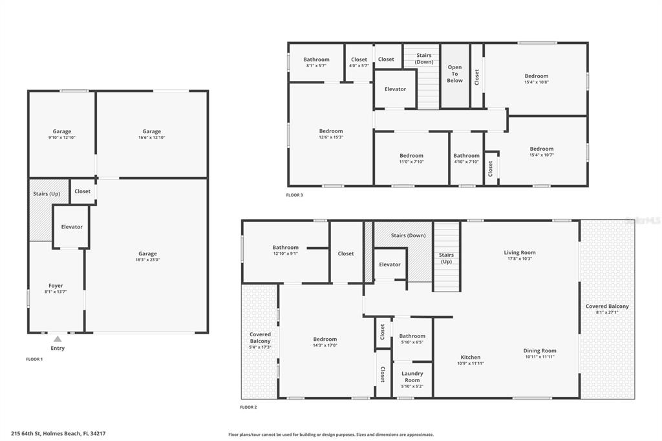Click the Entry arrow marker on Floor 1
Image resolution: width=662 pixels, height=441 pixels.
click(x=58, y=338)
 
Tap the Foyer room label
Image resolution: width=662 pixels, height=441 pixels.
click(x=56, y=285)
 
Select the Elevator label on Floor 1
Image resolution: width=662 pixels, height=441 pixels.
click(x=72, y=227)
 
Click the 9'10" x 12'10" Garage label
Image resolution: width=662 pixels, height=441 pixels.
click(x=62, y=131)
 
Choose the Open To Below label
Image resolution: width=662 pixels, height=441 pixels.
click(x=455, y=74)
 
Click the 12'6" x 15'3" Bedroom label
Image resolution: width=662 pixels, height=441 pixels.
click(x=331, y=131)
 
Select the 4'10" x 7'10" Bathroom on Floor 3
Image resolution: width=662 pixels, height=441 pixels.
click(x=466, y=155)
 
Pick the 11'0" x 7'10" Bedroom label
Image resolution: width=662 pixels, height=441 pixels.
click(x=411, y=155)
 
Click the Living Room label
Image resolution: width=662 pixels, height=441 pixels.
click(x=520, y=253)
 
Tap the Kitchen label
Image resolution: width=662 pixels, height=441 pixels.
click(x=471, y=357)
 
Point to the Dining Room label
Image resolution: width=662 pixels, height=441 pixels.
click(x=540, y=350)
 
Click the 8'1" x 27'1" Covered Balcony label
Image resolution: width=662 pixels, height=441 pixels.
click(x=607, y=307)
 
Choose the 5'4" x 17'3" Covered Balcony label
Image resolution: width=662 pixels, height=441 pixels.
click(x=260, y=338)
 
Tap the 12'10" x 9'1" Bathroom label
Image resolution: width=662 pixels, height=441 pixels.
click(x=285, y=247)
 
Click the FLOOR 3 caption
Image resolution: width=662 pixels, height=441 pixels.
click(x=294, y=195)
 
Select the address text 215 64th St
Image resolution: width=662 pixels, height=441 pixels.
click(x=58, y=433)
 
